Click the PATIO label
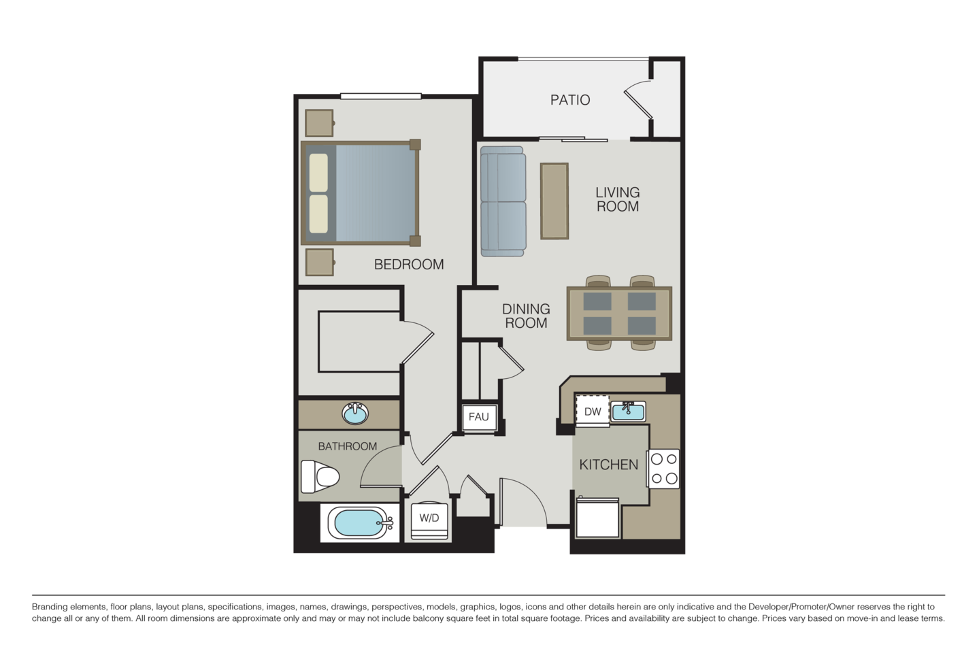pyautogui.click(x=570, y=100)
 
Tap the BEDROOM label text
pyautogui.click(x=409, y=264)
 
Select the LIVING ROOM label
pyautogui.click(x=618, y=199)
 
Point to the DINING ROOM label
pyautogui.click(x=526, y=316)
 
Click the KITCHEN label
pyautogui.click(x=608, y=465)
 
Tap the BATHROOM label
pyautogui.click(x=348, y=446)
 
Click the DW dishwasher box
pyautogui.click(x=593, y=412)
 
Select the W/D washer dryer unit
pyautogui.click(x=429, y=518)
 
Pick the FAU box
pyautogui.click(x=479, y=417)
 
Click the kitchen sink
pyautogui.click(x=627, y=411)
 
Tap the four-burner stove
pyautogui.click(x=664, y=468)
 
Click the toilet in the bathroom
pyautogui.click(x=318, y=478)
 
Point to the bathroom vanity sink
pyautogui.click(x=354, y=413)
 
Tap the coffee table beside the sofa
pyautogui.click(x=554, y=201)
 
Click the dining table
pyautogui.click(x=619, y=313)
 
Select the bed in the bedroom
pyautogui.click(x=361, y=193)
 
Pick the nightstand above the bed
pyautogui.click(x=319, y=122)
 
